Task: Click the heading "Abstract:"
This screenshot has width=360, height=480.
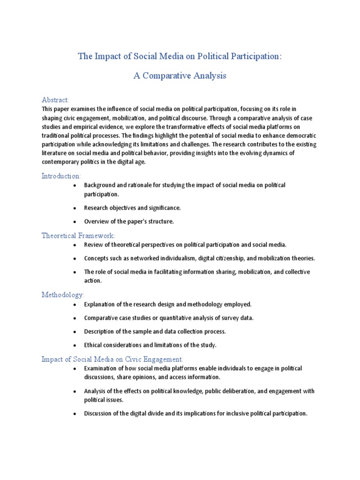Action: tap(55, 100)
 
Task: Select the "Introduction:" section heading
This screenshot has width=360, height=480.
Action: tap(61, 176)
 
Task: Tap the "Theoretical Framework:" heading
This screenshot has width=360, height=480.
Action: tap(78, 235)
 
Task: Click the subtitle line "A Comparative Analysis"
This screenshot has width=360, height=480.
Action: tap(180, 76)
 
